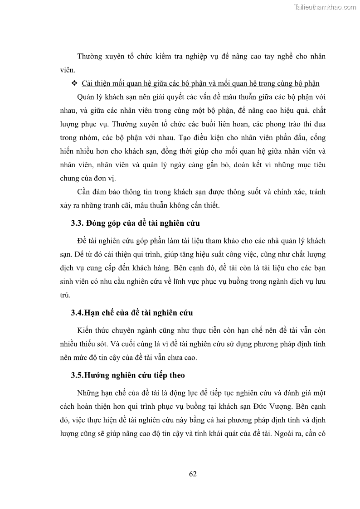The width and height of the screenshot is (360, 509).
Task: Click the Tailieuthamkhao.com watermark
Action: point(325,7)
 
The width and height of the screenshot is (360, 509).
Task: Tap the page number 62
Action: point(193,474)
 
